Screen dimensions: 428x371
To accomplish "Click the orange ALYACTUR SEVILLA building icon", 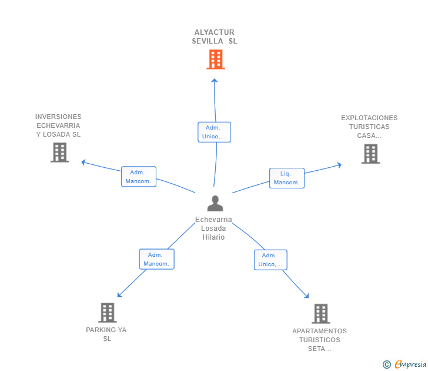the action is pos(216,59).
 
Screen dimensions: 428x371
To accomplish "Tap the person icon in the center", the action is pos(215,203).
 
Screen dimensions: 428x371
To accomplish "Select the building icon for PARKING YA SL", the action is pos(108,313).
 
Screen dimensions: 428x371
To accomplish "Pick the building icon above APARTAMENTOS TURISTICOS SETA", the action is pos(321,314).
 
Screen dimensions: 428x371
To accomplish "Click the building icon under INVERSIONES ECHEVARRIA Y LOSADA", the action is pos(60,153).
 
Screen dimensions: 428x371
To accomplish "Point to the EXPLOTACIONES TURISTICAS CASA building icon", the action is pos(370,154).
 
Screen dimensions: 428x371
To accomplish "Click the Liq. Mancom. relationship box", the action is pos(287,178).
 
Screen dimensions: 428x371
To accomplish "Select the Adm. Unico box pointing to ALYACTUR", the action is pos(214,132).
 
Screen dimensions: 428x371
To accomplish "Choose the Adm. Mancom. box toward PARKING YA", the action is pos(156,259).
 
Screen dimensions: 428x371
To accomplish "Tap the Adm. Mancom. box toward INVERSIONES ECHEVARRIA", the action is pos(139,177).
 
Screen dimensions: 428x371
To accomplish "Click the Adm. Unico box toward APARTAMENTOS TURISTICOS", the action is pos(270,260).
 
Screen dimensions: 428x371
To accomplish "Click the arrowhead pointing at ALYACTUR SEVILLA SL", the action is pos(215,81).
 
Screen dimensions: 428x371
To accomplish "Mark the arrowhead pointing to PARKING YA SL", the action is pos(119,294).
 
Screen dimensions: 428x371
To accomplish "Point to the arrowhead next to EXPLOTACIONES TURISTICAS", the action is pos(339,165).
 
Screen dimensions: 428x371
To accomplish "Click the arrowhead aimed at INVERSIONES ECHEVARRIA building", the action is pos(84,163).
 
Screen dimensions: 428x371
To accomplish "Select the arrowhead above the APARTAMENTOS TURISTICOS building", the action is pos(307,296).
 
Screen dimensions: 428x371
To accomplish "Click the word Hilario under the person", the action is pos(213,237).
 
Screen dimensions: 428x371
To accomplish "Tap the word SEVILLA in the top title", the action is pos(208,41).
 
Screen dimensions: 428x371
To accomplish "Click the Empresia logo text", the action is pos(410,365).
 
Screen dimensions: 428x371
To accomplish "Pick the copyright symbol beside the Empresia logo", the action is pos(387,365).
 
